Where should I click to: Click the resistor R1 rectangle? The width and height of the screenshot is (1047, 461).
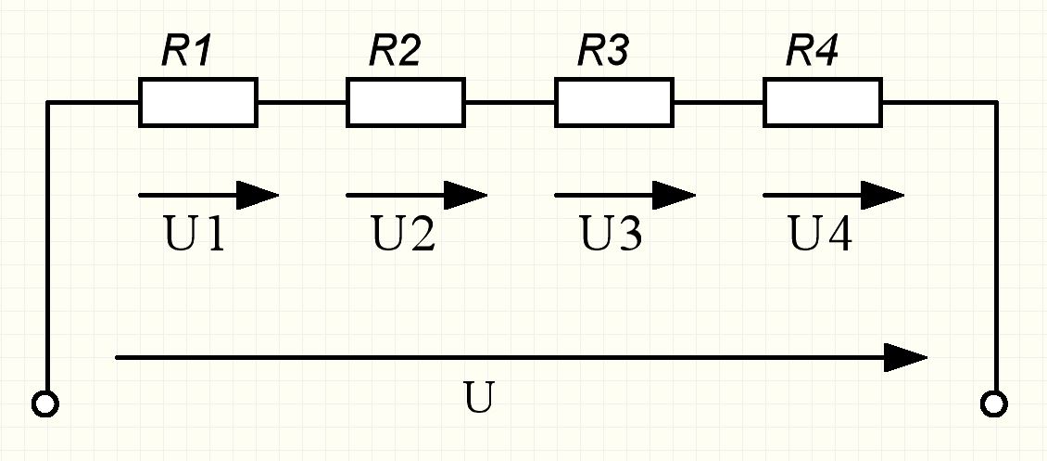pos(197,102)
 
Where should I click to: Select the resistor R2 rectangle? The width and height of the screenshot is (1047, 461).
pos(405,102)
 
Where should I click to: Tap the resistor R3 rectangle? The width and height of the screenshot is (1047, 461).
pos(613,102)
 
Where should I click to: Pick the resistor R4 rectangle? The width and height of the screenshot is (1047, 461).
pos(822,102)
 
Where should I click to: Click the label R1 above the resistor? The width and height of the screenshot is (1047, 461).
pos(188,52)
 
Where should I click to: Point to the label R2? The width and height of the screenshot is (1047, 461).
pos(396,52)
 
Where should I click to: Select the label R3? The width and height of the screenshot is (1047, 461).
pos(604,52)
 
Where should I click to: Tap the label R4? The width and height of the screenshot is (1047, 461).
pos(813,52)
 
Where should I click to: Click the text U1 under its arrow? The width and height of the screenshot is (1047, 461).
pos(195,237)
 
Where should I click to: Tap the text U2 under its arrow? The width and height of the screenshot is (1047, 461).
pos(403,237)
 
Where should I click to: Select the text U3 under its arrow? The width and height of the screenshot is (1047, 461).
pos(612,237)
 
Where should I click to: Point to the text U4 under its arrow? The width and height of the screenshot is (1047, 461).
pos(821,237)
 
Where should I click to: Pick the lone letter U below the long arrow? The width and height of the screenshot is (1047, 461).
pos(479,398)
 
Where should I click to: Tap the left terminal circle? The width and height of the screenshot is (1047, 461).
pos(45,404)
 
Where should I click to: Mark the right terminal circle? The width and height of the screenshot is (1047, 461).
pos(995,404)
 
